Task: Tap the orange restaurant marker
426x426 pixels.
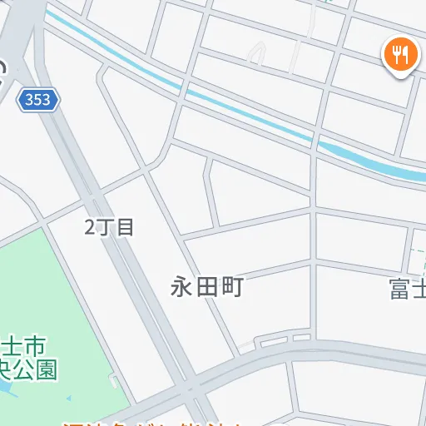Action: (x=401, y=57)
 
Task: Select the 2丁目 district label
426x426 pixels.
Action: (x=109, y=226)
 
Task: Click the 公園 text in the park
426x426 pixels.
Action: (x=37, y=369)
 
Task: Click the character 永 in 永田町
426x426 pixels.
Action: (x=181, y=288)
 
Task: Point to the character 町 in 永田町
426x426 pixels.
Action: (x=232, y=288)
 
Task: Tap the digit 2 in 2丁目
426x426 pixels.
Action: (x=91, y=226)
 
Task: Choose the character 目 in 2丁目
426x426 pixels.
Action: (x=126, y=226)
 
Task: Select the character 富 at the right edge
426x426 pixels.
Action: (x=401, y=290)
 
